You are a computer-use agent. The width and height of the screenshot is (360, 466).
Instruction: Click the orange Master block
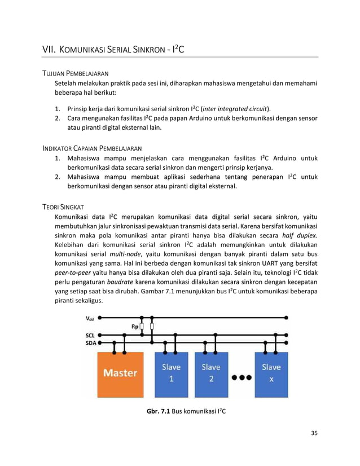pos(120,373)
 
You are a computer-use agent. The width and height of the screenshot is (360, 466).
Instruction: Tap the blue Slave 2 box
pos(211,373)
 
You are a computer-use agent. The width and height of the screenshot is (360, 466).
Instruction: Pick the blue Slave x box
pos(271,373)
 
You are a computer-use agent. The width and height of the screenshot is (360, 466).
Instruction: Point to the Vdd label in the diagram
pos(90,318)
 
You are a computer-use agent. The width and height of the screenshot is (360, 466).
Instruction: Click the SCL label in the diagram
pos(90,335)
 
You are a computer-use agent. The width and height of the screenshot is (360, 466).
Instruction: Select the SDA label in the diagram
pos(90,342)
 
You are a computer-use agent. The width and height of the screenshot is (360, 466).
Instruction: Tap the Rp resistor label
pos(135,326)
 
